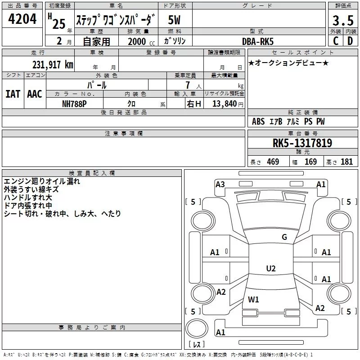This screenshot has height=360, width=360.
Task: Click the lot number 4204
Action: pos(22,19)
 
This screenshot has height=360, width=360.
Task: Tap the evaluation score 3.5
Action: pos(342,21)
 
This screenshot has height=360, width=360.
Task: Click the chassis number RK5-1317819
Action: pos(302,143)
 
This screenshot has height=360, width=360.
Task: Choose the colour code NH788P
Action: pos(74,103)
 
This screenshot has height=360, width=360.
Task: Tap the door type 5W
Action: pos(175,20)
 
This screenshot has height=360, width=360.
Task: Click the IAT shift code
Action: pos(13,94)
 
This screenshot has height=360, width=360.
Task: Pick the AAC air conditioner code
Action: pos(35,94)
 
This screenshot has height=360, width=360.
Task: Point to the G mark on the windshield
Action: pos(284,237)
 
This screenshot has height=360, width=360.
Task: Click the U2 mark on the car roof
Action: pos(270,269)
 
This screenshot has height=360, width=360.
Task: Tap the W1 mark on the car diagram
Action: pos(253,299)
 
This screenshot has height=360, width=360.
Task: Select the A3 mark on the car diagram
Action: pos(220,184)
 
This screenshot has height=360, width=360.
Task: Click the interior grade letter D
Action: pos(350,40)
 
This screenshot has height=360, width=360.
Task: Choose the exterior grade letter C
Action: pos(335,40)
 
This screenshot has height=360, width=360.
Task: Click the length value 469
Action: pos(273,162)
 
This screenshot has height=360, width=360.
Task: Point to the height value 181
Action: pos(346,162)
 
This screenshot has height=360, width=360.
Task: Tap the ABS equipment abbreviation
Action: pos(258,121)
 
